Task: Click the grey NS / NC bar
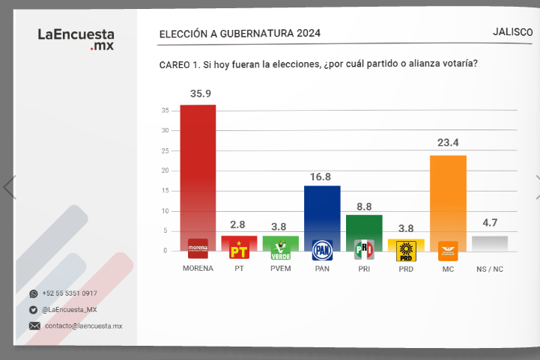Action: pyautogui.click(x=490, y=243)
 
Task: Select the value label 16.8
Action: pyautogui.click(x=323, y=177)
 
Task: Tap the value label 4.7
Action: pyautogui.click(x=491, y=222)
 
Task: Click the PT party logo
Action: pyautogui.click(x=239, y=250)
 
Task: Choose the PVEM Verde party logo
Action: pyautogui.click(x=280, y=250)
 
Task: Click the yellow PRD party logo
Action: pyautogui.click(x=406, y=250)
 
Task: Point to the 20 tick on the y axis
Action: pyautogui.click(x=165, y=171)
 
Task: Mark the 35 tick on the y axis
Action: pyautogui.click(x=165, y=111)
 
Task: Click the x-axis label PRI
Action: pyautogui.click(x=364, y=268)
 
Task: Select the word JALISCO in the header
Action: pyautogui.click(x=513, y=32)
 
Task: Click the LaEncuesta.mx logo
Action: pyautogui.click(x=76, y=40)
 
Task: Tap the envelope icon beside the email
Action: pyautogui.click(x=34, y=326)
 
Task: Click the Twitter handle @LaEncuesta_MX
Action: pyautogui.click(x=70, y=310)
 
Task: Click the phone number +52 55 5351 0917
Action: pyautogui.click(x=70, y=293)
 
